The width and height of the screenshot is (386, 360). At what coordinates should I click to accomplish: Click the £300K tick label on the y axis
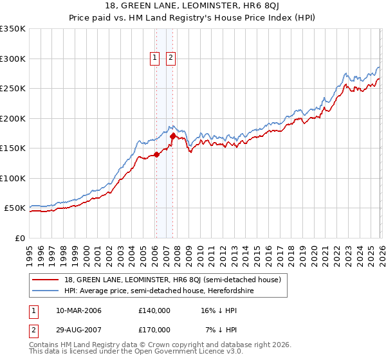coord(13,59)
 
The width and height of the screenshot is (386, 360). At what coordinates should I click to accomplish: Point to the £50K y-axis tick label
coord(15,208)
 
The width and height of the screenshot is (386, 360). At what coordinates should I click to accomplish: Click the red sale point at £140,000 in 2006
coord(156,154)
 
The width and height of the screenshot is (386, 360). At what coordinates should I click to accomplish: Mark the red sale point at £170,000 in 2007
coord(172,136)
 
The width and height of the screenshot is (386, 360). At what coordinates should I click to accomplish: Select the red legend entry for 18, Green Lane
coord(172,280)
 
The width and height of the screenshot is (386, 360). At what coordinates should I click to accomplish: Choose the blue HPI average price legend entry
coord(159,291)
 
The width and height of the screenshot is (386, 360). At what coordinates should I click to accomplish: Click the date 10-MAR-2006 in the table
coord(78,310)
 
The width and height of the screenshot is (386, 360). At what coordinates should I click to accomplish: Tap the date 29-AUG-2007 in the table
coord(78,330)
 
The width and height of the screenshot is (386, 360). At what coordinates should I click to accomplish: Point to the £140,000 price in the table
coord(154,310)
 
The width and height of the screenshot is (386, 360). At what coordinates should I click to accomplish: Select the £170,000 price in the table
coord(154,330)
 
